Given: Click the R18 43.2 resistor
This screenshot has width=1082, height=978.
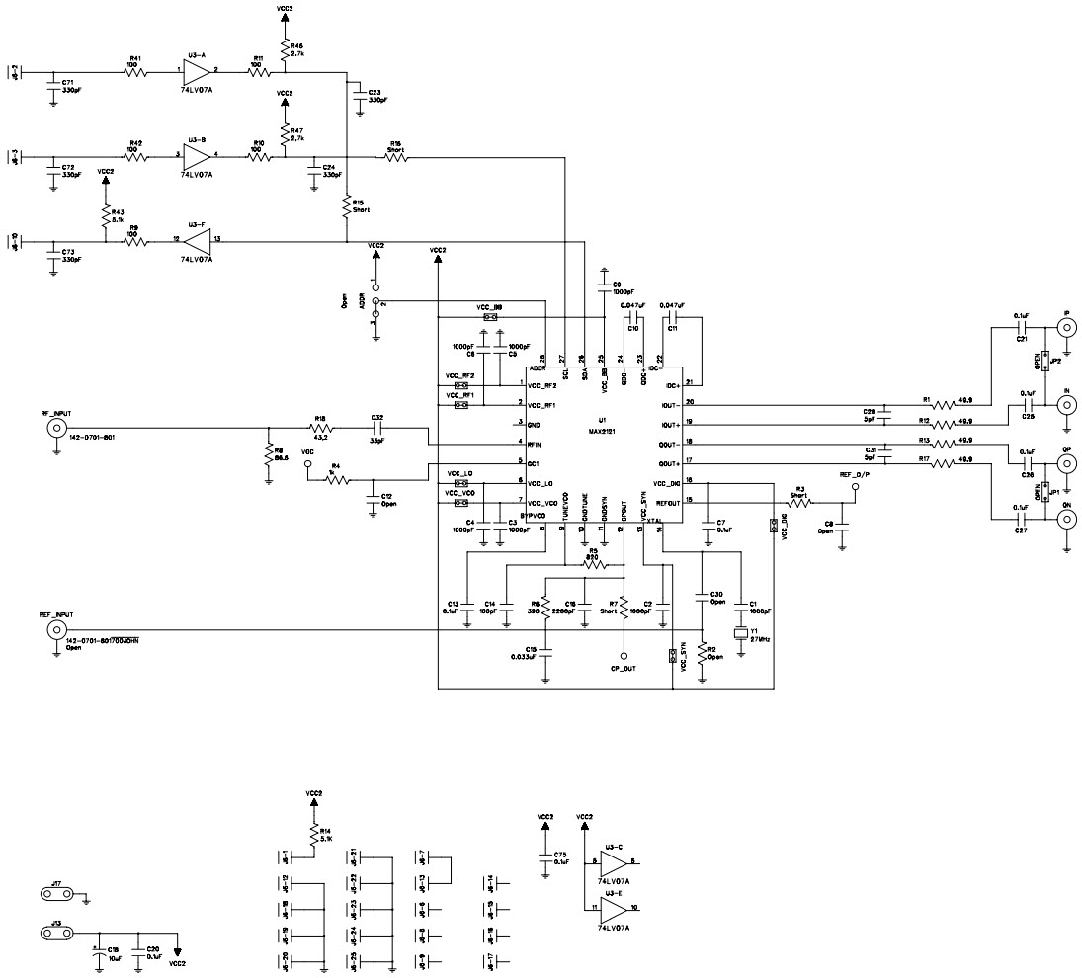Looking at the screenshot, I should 321,429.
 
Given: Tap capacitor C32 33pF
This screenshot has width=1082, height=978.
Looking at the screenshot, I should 377,429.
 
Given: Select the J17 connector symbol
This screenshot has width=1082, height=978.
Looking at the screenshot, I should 55,894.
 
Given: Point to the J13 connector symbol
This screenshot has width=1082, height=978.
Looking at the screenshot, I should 55,932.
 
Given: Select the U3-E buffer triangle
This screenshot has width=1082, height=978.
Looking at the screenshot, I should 613,906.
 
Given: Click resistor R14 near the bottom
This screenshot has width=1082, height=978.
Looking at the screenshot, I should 314,836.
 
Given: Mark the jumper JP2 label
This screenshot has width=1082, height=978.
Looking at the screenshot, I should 1055,362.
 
